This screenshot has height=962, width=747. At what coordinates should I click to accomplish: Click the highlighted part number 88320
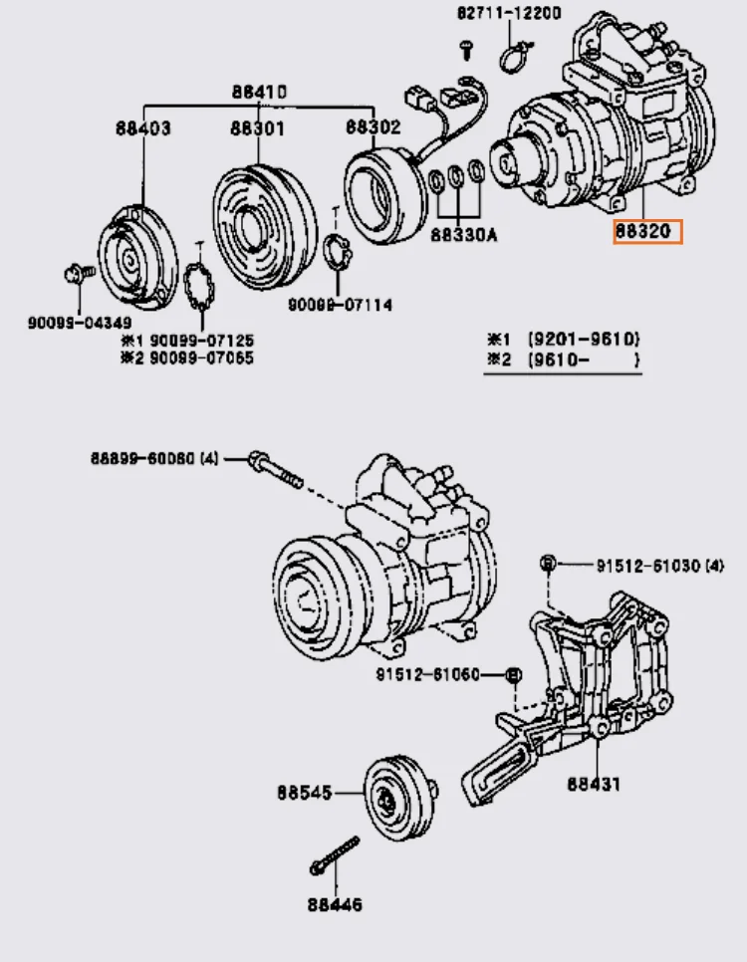tap(647, 232)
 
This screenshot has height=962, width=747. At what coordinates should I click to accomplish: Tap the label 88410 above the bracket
tap(259, 93)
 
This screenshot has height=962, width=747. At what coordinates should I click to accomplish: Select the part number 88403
tap(142, 127)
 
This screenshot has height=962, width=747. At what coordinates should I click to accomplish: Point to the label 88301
tap(257, 127)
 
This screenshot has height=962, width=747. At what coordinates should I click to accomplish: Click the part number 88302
tap(373, 126)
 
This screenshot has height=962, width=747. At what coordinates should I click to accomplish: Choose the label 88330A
tap(464, 236)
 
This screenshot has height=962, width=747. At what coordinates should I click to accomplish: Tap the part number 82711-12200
tap(509, 14)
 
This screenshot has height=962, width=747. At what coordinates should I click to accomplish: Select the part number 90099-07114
tap(340, 304)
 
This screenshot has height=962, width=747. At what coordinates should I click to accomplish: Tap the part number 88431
tap(594, 784)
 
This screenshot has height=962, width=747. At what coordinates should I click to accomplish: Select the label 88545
tap(305, 794)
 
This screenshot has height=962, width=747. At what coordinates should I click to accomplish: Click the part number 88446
tap(335, 905)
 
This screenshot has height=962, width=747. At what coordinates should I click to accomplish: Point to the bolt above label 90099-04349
tap(77, 272)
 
